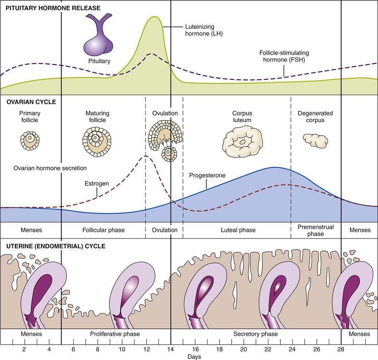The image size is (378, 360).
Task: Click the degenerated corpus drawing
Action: [315, 140]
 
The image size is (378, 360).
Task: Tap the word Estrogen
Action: [96, 183]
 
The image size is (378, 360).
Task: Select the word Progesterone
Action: [207, 175]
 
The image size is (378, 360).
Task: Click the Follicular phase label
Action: [104, 230]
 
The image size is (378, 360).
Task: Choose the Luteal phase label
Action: [238, 230]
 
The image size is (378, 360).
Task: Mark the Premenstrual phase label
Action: [315, 230]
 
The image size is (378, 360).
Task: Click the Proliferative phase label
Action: [115, 334]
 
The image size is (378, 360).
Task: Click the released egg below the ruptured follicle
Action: [169, 154]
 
